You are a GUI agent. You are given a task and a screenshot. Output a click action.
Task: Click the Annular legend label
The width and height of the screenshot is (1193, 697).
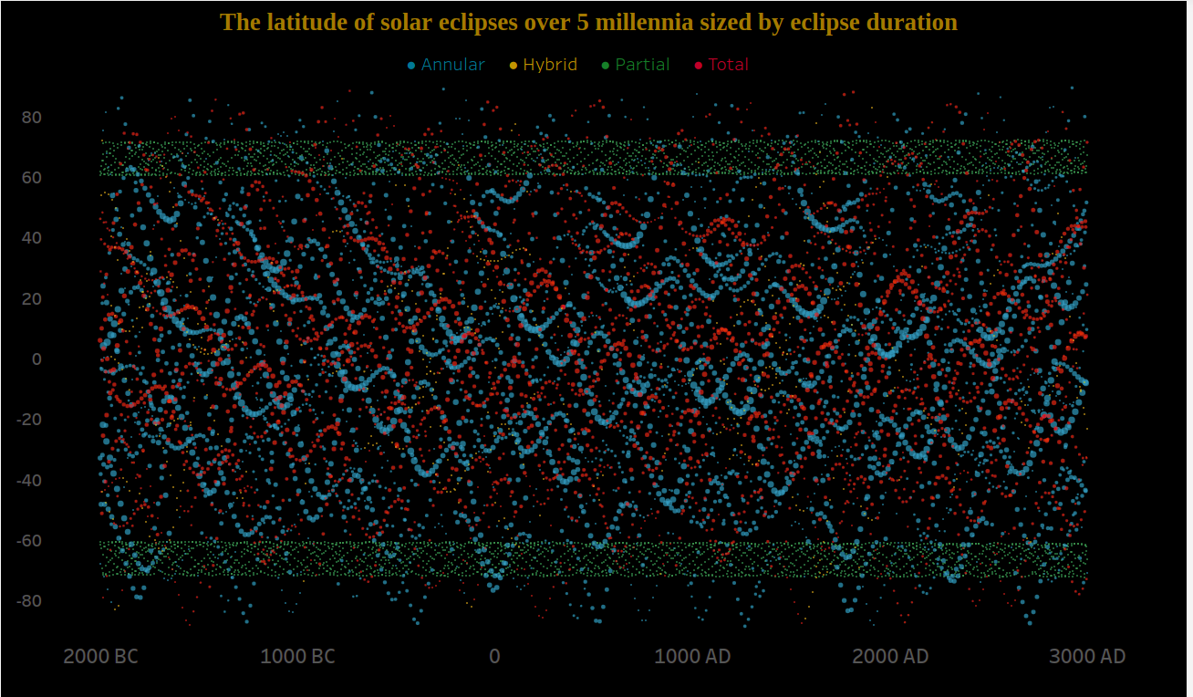pos(452,65)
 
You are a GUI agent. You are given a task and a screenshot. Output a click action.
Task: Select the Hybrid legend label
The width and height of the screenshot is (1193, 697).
pos(550,65)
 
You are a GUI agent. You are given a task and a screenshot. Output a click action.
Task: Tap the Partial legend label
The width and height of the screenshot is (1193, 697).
pos(642,65)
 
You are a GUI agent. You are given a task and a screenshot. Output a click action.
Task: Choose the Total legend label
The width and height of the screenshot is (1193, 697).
pos(728,65)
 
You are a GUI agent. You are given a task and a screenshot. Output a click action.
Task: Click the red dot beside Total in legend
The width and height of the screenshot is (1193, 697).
pos(699,65)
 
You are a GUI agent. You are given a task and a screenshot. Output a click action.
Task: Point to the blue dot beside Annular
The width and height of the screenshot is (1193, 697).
pos(411,65)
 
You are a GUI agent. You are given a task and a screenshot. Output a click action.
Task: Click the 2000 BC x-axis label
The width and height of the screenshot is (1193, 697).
pos(100,656)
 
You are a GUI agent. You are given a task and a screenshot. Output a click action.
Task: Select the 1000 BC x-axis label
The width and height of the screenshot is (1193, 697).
pos(297,656)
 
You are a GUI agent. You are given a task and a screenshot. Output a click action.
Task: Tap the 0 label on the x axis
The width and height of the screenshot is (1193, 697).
pos(494,656)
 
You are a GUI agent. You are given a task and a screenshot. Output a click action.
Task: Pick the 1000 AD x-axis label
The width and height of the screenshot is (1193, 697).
pos(693,656)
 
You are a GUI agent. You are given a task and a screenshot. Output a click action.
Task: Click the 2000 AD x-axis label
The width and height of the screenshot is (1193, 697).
pos(890,656)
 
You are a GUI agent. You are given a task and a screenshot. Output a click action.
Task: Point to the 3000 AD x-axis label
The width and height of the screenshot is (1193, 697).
pos(1087,656)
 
